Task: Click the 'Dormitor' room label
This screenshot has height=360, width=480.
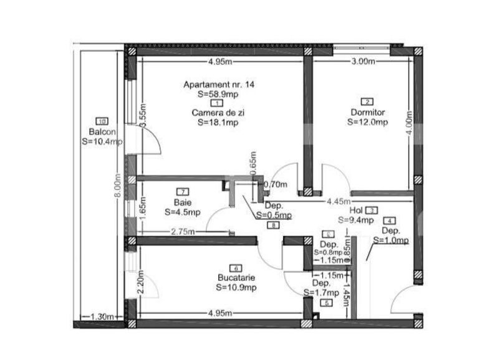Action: coord(368,113)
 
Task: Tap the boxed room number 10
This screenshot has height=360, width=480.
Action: coord(102,121)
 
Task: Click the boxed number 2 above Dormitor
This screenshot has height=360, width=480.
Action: coord(368,102)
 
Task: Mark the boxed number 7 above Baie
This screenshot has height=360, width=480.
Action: coord(183,192)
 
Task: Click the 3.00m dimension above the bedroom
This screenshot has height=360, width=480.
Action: coord(363,62)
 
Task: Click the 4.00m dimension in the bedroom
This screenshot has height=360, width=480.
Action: coord(409,125)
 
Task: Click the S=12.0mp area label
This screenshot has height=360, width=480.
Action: coord(368,122)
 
